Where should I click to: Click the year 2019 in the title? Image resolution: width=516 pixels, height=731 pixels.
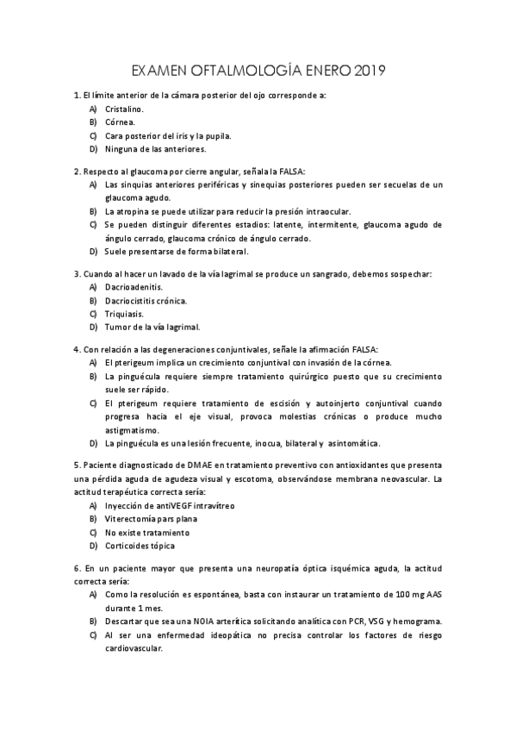pyautogui.click(x=370, y=69)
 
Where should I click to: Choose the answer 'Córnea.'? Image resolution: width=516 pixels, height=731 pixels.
pyautogui.click(x=120, y=122)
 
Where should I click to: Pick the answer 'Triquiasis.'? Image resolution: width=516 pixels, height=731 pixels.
pyautogui.click(x=127, y=314)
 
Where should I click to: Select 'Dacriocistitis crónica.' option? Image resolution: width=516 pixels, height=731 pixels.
pyautogui.click(x=146, y=300)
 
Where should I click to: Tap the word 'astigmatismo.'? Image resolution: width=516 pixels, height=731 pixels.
pyautogui.click(x=132, y=429)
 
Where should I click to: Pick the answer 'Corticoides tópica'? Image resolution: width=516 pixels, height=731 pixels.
pyautogui.click(x=140, y=547)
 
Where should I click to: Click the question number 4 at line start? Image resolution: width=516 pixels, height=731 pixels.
pyautogui.click(x=77, y=350)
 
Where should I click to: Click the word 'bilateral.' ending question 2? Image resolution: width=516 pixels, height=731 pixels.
pyautogui.click(x=225, y=252)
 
